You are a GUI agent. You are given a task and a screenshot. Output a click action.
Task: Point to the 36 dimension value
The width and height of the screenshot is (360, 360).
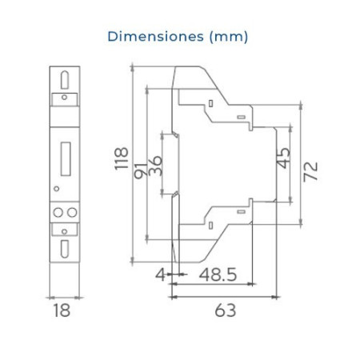tap(156, 165)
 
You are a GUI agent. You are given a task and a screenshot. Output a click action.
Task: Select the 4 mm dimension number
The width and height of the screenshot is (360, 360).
tap(159, 275)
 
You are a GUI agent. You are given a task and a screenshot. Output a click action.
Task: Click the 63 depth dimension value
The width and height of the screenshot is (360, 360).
tap(226, 310)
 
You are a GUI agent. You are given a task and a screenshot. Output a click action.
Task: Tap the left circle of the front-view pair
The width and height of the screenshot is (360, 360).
tap(57, 211)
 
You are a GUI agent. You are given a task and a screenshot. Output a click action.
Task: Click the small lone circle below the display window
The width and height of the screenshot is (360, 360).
tap(55, 188)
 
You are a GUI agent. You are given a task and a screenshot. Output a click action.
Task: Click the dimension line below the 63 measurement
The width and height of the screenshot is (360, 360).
tap(226, 298)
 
